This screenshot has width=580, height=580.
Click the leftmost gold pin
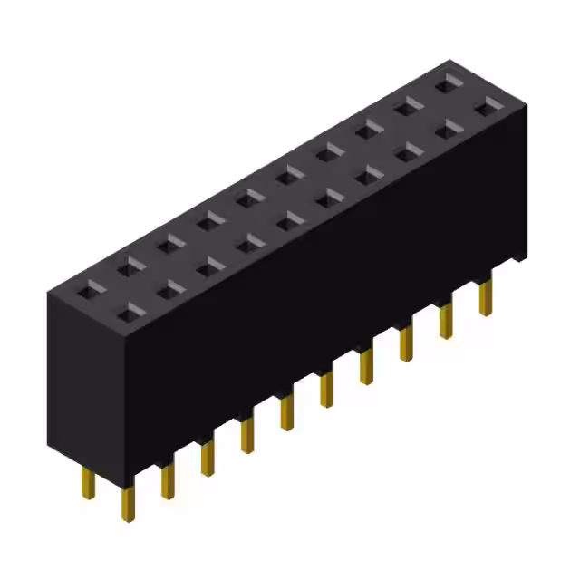tap(88, 482)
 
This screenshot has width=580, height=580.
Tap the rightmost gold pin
tap(487, 295)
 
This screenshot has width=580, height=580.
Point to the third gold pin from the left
tap(167, 480)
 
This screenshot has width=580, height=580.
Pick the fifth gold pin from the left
tap(246, 436)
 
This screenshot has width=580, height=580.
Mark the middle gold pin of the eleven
tap(286, 413)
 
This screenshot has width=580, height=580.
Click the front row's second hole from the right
tap(447, 130)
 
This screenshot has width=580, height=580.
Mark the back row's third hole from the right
tap(368, 130)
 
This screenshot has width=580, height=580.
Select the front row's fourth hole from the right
tap(368, 174)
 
